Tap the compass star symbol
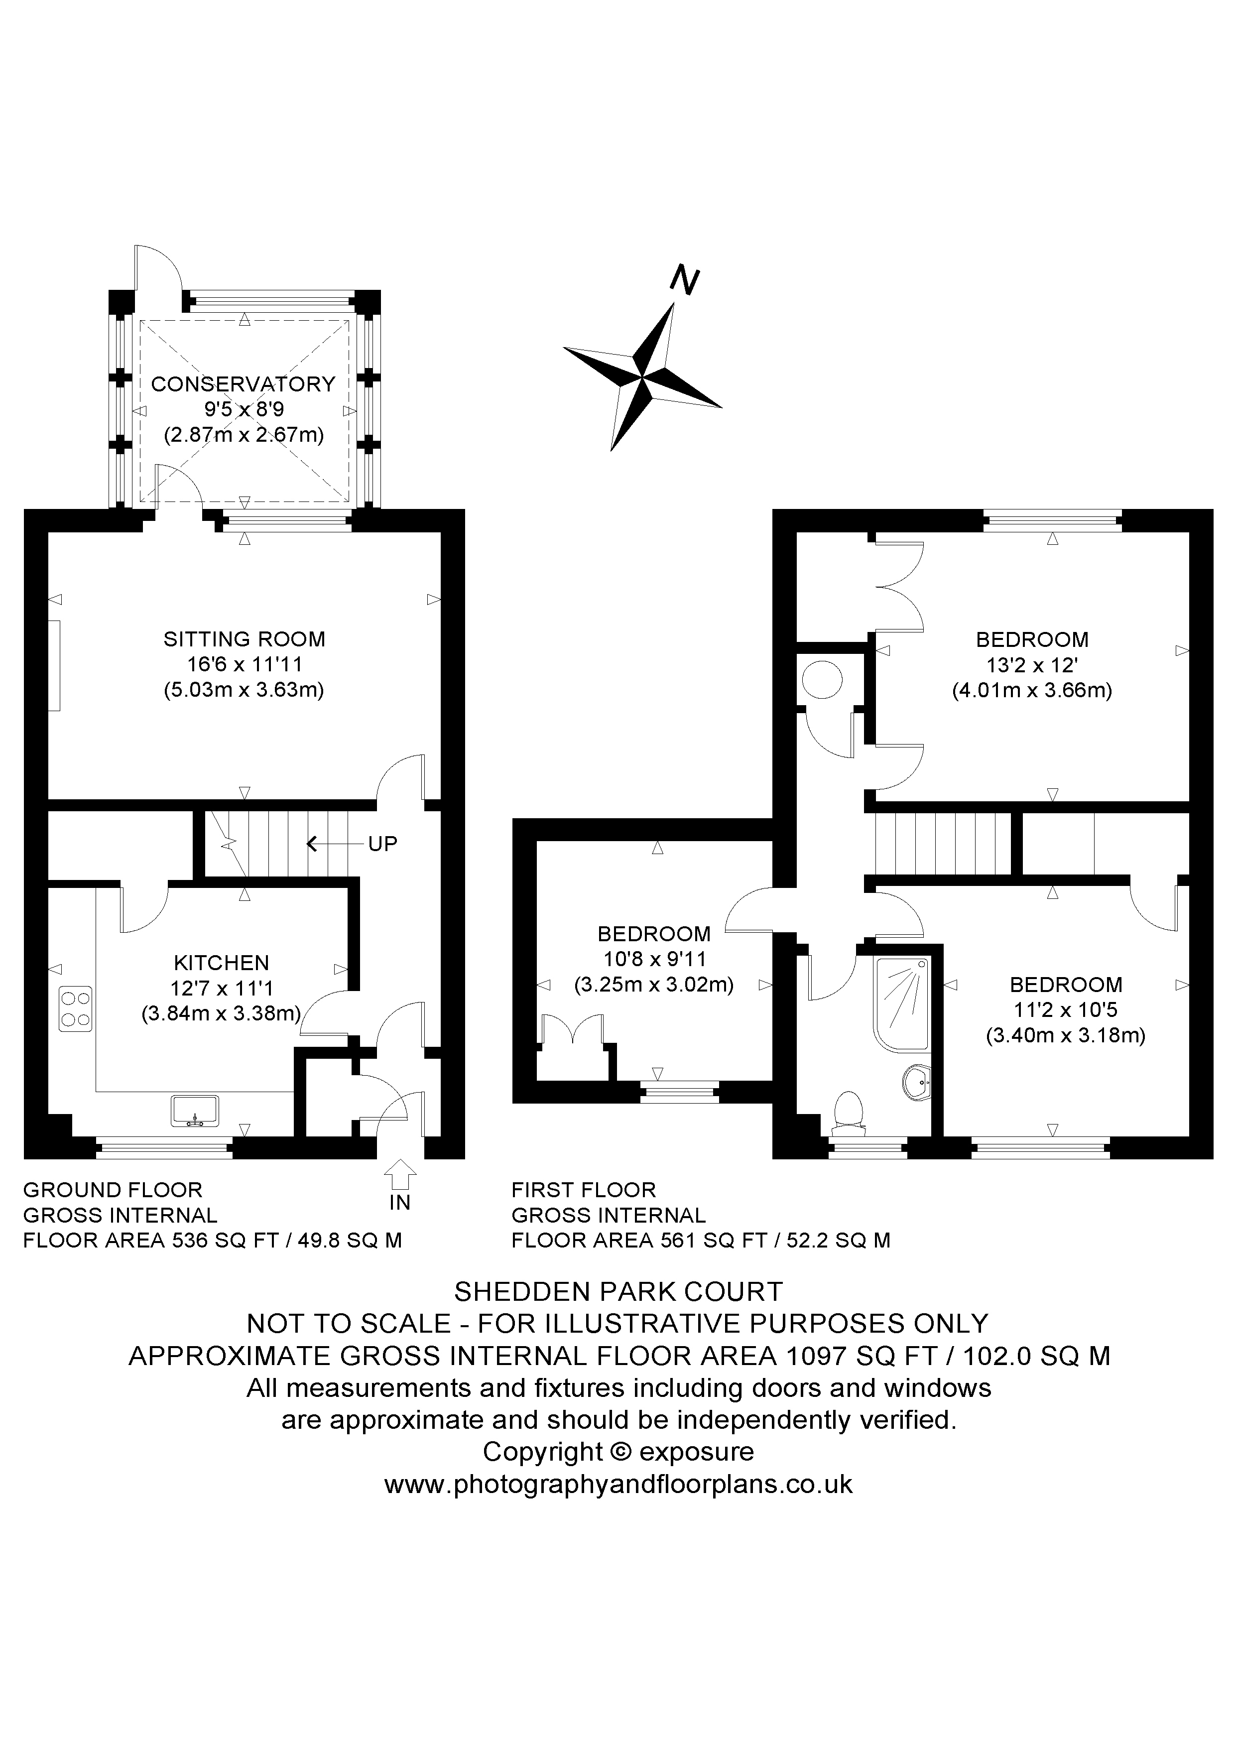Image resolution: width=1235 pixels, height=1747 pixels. (x=643, y=376)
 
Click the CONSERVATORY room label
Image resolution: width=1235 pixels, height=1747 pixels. (x=244, y=384)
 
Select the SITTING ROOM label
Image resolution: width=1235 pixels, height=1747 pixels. (x=244, y=639)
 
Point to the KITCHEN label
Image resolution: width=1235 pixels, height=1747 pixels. (x=222, y=963)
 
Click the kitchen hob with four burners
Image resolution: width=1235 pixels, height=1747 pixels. (x=75, y=1009)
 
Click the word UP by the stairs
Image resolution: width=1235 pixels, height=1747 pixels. (x=383, y=844)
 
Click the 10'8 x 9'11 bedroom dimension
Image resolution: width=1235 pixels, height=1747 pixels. (x=654, y=960)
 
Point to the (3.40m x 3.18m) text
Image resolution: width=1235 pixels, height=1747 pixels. (x=1065, y=1035)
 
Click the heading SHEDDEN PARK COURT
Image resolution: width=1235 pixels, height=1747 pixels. (x=618, y=1291)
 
